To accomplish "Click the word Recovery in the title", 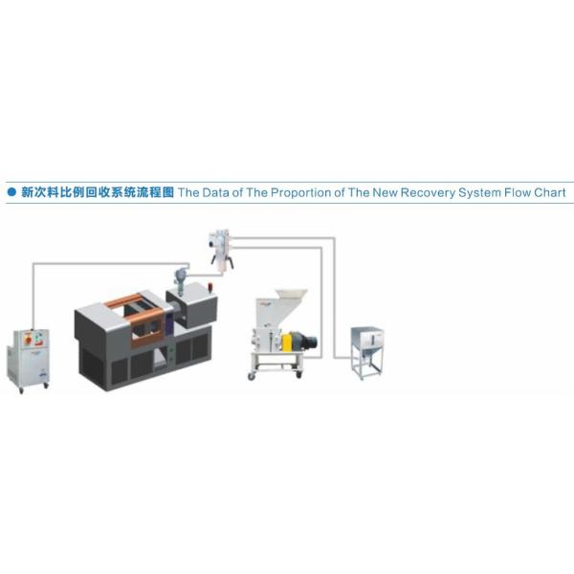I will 403,192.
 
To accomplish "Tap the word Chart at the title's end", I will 549,192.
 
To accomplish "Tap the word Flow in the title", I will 512,192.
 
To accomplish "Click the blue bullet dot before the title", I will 11,192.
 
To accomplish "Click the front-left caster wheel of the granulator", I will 253,376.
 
